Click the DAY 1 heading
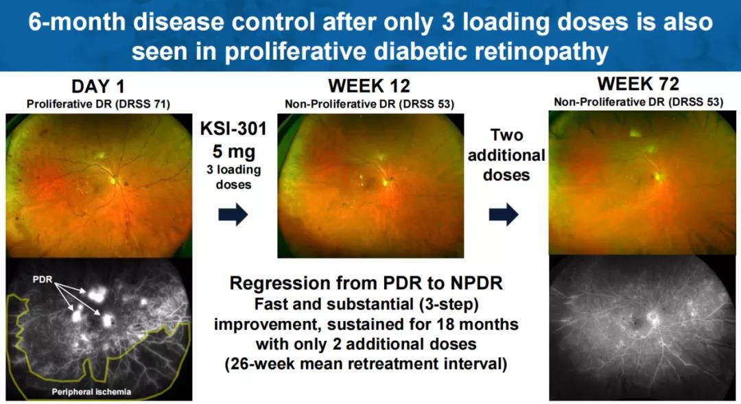(x=98, y=86)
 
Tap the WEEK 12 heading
(x=369, y=86)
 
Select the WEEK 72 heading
(x=638, y=84)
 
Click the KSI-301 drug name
(x=233, y=128)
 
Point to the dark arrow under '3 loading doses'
(x=233, y=215)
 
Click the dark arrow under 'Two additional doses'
(x=504, y=215)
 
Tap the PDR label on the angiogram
(x=43, y=279)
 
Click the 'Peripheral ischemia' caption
(x=92, y=392)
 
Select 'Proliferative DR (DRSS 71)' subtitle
(x=98, y=104)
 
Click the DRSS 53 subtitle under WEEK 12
(x=369, y=104)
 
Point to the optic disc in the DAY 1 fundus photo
(x=113, y=180)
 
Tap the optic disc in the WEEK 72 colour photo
(x=657, y=176)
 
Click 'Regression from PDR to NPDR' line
(x=366, y=283)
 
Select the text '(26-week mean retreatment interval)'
(x=366, y=364)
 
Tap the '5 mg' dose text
(x=233, y=152)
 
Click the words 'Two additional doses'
(x=506, y=155)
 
